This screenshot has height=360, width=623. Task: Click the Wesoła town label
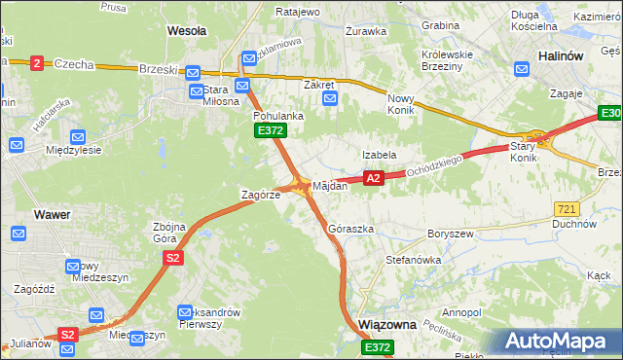pyautogui.click(x=187, y=31)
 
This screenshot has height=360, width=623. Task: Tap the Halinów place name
pyautogui.click(x=562, y=56)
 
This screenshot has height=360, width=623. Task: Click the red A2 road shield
pyautogui.click(x=373, y=178)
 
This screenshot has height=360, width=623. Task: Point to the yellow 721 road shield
pyautogui.click(x=568, y=209)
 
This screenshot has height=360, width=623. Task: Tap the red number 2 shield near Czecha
pyautogui.click(x=37, y=62)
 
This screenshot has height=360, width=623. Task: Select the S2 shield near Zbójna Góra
pyautogui.click(x=172, y=258)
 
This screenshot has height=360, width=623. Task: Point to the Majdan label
pyautogui.click(x=329, y=185)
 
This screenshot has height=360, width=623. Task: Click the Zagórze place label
pyautogui.click(x=261, y=195)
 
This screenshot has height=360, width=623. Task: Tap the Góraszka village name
pyautogui.click(x=351, y=229)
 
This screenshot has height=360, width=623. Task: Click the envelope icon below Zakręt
pyautogui.click(x=329, y=98)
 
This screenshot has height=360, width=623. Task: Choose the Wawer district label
pyautogui.click(x=51, y=213)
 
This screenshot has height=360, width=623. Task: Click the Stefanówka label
pyautogui.click(x=414, y=261)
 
